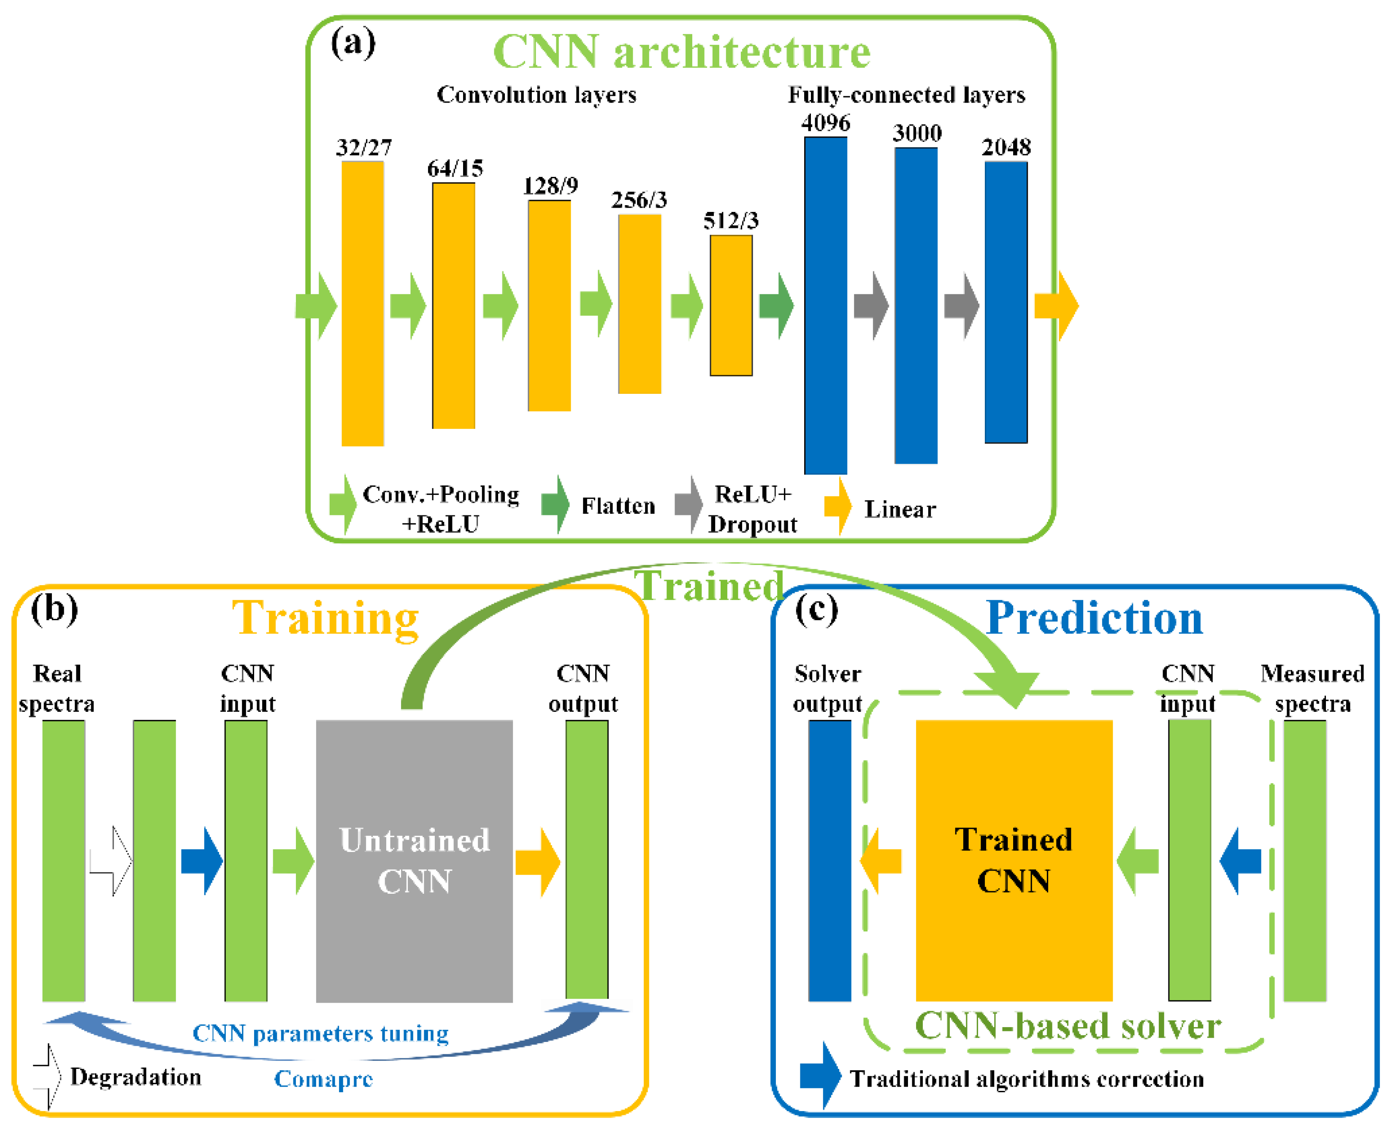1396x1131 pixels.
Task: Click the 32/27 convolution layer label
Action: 363,148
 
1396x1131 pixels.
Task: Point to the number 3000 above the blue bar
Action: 916,133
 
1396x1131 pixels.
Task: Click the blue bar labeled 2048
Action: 1006,302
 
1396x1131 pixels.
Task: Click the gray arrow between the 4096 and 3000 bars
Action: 871,306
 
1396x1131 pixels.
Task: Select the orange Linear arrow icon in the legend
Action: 838,506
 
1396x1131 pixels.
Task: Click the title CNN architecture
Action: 681,52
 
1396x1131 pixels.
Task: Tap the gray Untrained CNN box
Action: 414,861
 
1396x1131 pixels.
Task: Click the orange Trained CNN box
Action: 1014,861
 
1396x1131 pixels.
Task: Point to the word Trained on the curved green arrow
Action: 709,586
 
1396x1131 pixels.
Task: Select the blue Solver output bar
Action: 829,861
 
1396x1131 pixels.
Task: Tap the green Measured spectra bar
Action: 1305,861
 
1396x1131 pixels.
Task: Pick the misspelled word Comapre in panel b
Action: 324,1079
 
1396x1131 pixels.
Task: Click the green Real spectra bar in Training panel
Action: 64,861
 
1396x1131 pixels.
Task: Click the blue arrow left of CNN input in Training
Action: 203,861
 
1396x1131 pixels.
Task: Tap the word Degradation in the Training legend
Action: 136,1077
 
